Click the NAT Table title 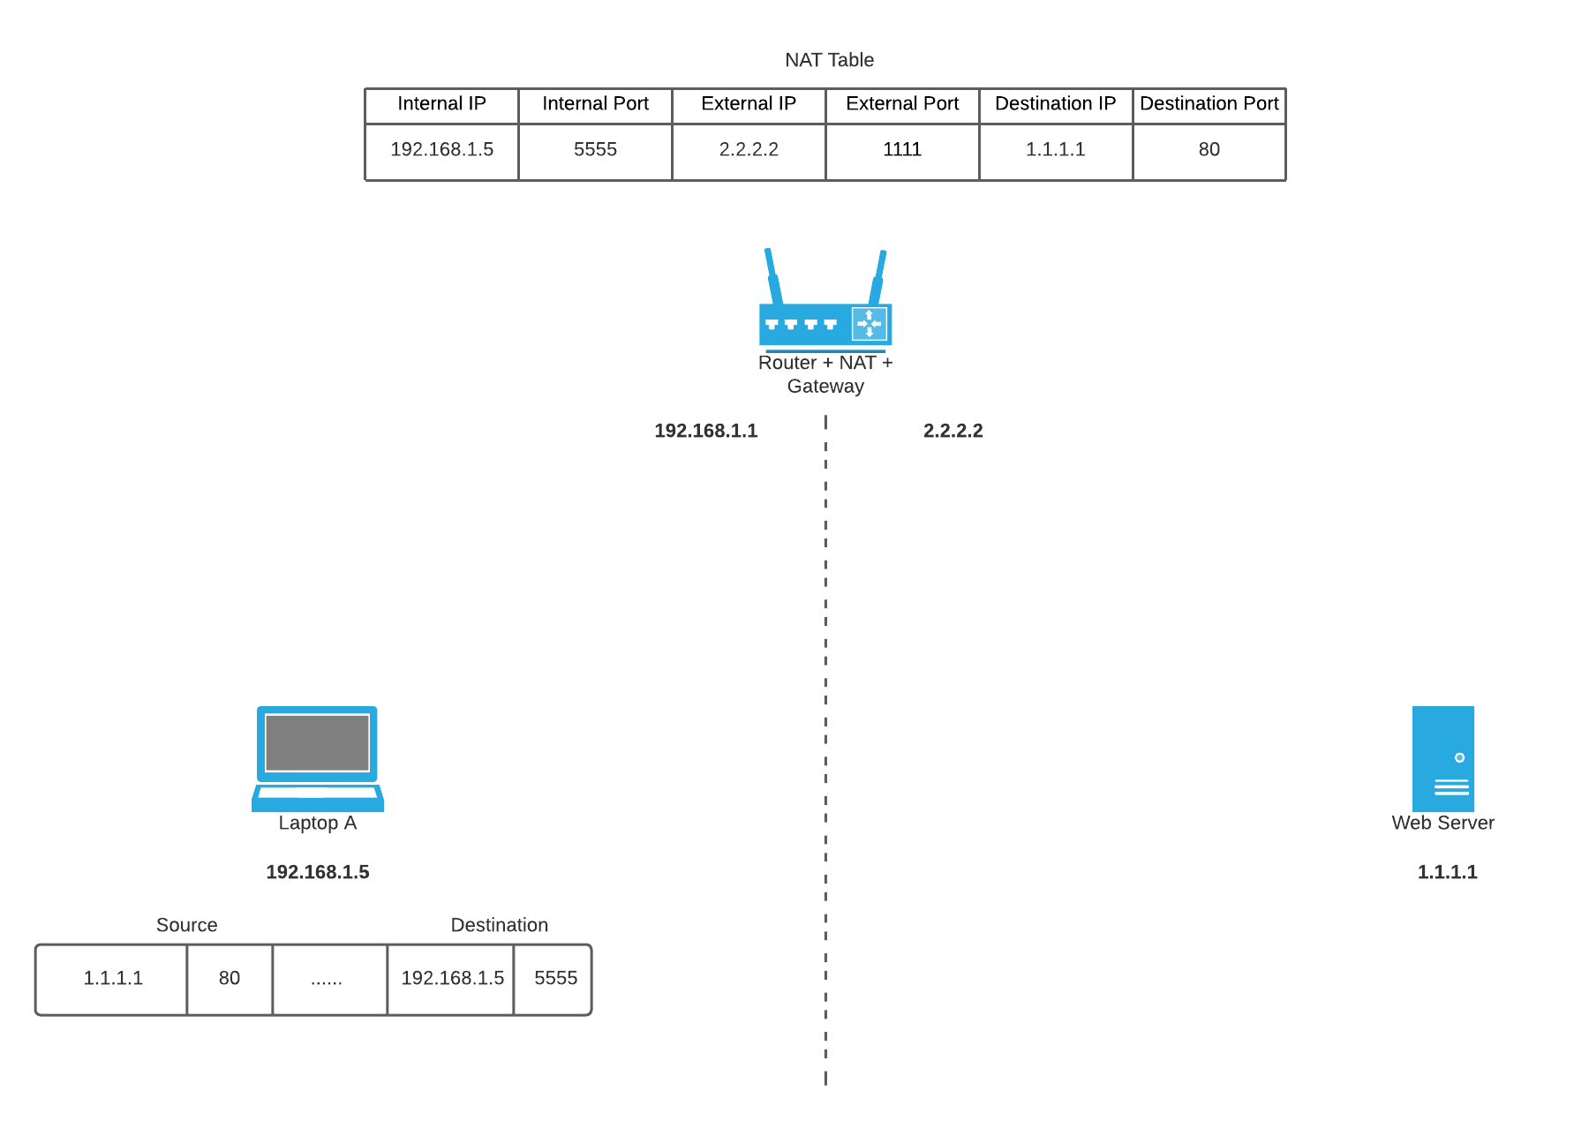point(829,60)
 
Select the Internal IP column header point(441,104)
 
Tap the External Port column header point(901,104)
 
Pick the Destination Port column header point(1209,104)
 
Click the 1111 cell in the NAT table point(901,150)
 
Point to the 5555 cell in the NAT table point(595,150)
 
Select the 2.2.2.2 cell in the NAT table point(749,150)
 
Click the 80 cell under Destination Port point(1209,150)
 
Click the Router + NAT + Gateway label point(825,374)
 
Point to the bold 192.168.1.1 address point(705,431)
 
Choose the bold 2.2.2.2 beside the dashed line point(953,431)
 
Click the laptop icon point(318,757)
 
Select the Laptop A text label point(318,824)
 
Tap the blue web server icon point(1442,758)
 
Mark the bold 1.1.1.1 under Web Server point(1447,872)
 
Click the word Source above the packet point(186,925)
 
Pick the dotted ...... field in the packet point(327,979)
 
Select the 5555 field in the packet point(555,979)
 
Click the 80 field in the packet point(230,979)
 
